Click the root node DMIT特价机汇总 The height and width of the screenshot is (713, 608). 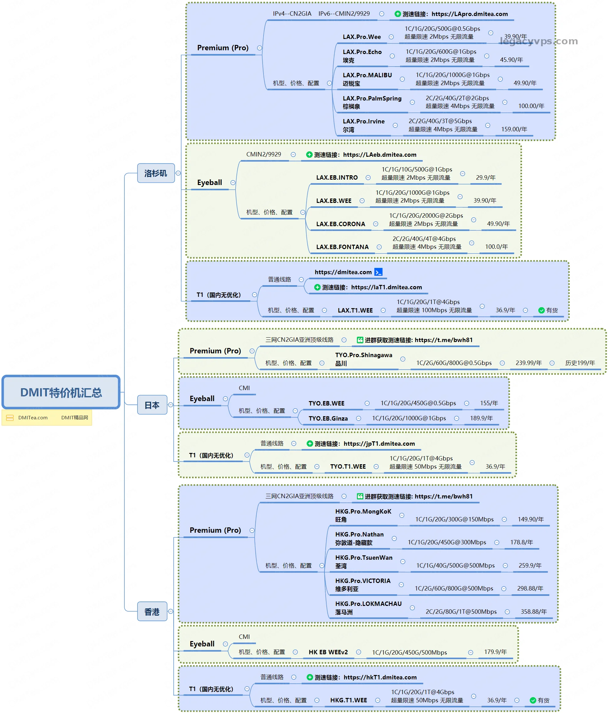click(61, 392)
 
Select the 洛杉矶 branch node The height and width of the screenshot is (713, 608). click(155, 173)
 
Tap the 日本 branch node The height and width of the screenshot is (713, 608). click(152, 405)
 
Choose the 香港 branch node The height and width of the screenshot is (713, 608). click(152, 612)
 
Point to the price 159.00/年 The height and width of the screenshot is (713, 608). click(514, 129)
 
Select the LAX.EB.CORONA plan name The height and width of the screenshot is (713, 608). click(340, 224)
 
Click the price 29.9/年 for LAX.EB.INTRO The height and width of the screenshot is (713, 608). click(486, 177)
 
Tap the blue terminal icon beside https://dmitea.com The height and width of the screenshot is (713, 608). click(378, 272)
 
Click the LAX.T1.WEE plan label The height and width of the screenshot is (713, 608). click(355, 310)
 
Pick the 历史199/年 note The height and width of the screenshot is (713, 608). click(580, 363)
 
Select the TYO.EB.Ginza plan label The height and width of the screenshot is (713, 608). click(328, 418)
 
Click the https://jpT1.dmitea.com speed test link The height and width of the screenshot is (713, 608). click(379, 444)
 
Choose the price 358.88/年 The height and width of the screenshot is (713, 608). click(533, 612)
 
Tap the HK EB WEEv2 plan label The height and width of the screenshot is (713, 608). click(328, 652)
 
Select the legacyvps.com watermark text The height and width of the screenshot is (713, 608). click(539, 41)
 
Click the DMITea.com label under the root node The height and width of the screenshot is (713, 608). click(33, 418)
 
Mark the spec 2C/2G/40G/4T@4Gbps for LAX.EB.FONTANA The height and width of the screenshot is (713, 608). click(424, 239)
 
